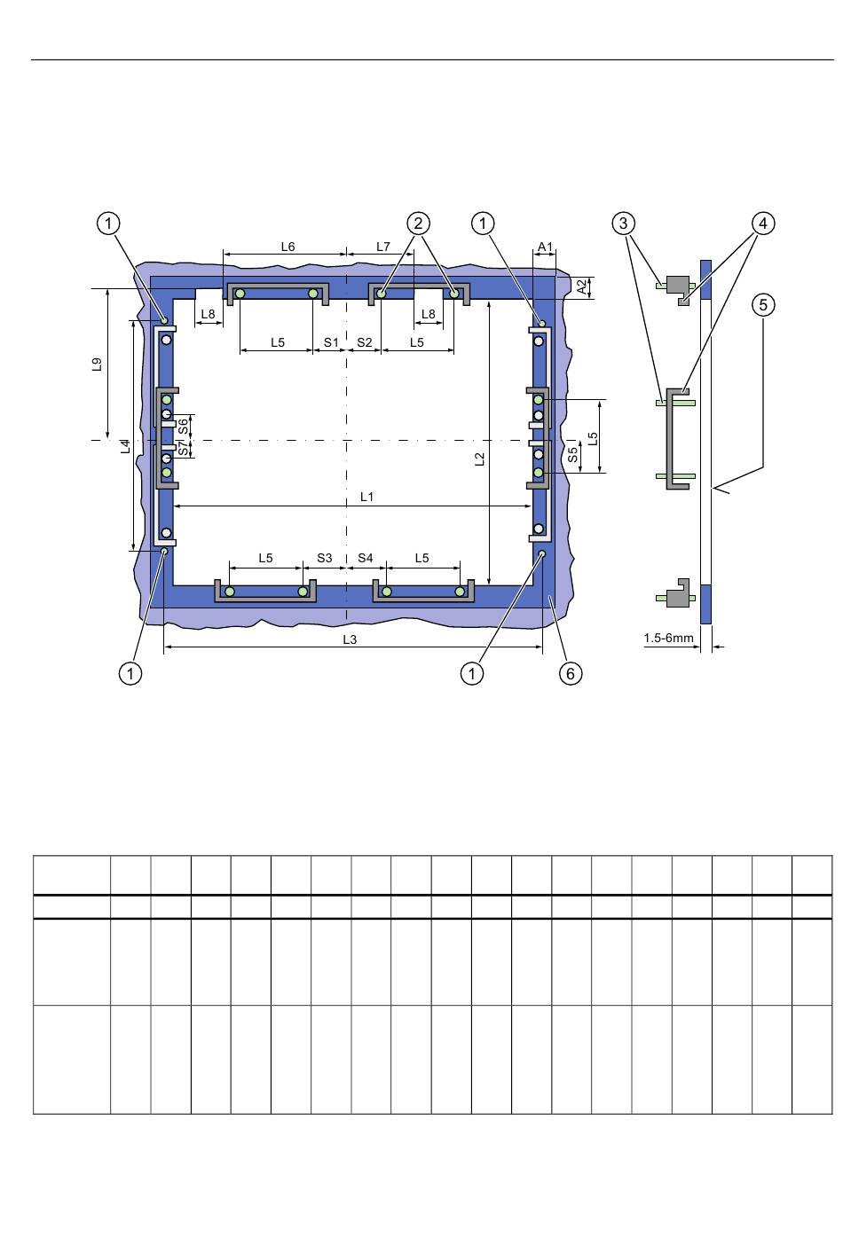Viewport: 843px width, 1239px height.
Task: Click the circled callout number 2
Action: pos(418,223)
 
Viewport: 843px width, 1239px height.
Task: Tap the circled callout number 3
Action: pos(623,223)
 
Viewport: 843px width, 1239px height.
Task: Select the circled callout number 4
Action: pos(763,223)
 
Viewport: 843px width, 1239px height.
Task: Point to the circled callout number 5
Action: pos(763,305)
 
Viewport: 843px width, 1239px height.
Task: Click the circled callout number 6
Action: pos(570,673)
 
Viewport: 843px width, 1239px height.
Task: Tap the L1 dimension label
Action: pos(367,497)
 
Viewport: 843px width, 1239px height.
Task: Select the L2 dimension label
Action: pos(480,459)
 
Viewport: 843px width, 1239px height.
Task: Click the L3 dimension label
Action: pos(350,639)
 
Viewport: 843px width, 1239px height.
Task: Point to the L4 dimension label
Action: pos(126,446)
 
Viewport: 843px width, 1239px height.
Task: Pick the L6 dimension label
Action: pos(288,247)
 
